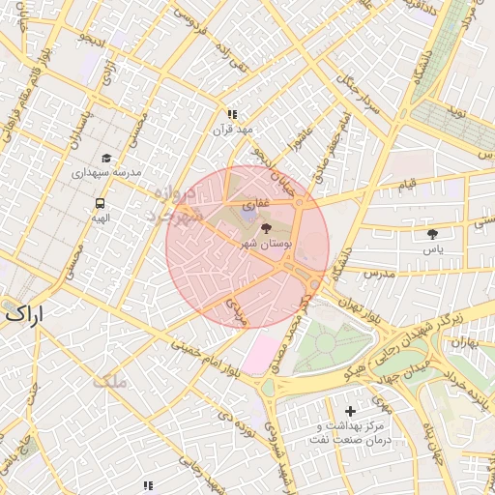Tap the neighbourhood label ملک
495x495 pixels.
click(x=111, y=382)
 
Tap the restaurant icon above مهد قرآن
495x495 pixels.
click(x=231, y=113)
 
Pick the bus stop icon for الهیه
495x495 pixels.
click(x=100, y=203)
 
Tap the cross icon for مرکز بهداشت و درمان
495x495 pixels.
click(x=349, y=412)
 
